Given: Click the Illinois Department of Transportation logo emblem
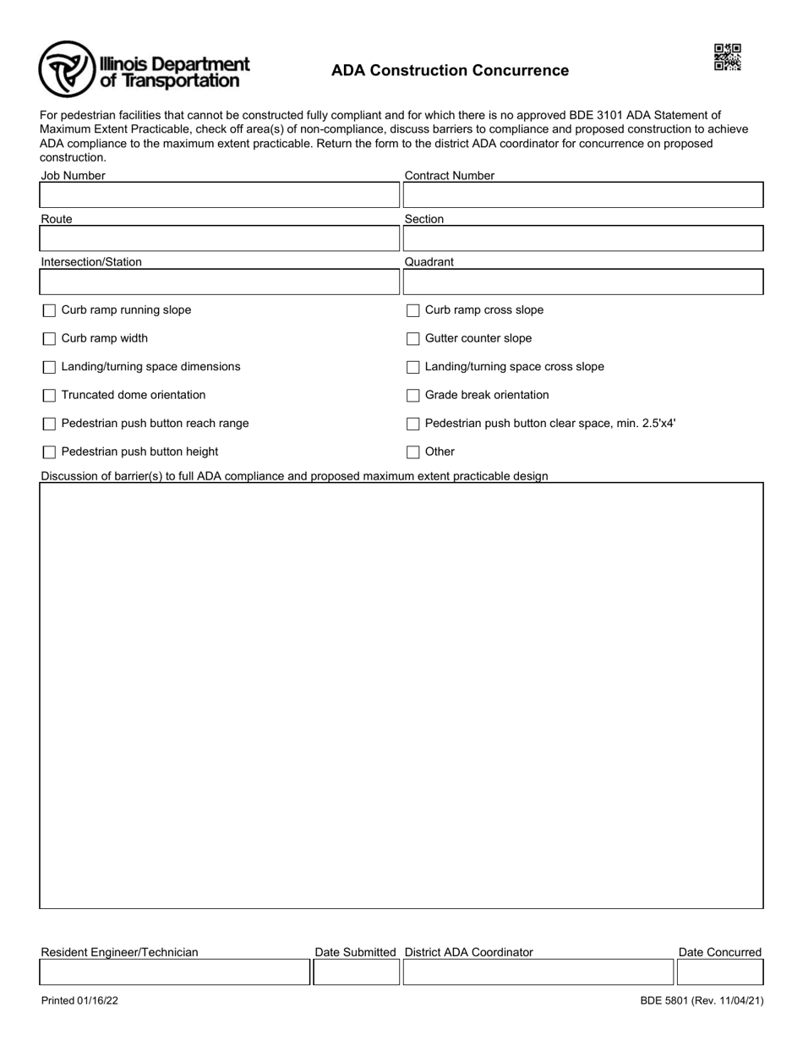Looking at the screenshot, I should (67, 69).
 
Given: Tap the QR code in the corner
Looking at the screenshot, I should (727, 57).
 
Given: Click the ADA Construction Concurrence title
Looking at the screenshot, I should (450, 71).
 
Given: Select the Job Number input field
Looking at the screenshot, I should (219, 195).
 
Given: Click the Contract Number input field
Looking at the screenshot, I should (582, 195).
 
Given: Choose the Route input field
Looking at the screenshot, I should (219, 238).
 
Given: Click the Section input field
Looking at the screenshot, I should (582, 238).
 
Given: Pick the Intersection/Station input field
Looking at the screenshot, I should (219, 282).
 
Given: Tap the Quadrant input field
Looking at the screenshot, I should (582, 282).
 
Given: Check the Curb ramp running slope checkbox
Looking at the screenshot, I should (49, 310).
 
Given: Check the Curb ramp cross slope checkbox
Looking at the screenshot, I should (412, 310).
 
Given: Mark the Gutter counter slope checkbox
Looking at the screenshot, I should (412, 339).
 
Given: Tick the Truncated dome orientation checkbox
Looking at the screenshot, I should (49, 396).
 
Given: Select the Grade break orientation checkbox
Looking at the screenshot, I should (412, 396).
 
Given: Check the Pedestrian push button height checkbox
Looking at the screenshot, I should (49, 452).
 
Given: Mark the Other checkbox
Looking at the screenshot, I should (412, 452).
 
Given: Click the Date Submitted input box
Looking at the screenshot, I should (356, 972).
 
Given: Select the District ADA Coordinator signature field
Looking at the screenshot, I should (538, 972).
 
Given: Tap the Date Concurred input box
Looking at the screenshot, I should (719, 972).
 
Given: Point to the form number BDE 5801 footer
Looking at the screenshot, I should (702, 1001).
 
